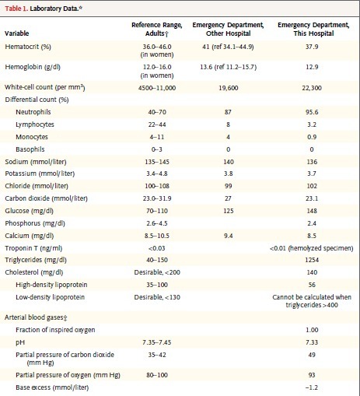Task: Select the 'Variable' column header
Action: coord(17,33)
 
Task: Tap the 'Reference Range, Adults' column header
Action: coord(157,29)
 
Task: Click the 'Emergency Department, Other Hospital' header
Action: coord(228,29)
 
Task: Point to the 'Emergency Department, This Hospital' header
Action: coord(313,29)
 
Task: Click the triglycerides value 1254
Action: coord(312,260)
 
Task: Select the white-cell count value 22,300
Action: coord(312,88)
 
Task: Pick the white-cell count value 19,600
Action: coord(228,88)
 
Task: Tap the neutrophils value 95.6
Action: coord(312,112)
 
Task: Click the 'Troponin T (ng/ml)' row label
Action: coord(33,248)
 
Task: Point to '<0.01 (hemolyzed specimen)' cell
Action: coord(312,248)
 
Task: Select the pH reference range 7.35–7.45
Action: coord(157,342)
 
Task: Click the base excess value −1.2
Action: coord(312,387)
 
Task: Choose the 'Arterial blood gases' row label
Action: coord(36,317)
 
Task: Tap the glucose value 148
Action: coord(312,211)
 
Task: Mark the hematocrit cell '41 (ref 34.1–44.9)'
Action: coord(228,47)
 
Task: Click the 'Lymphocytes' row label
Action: coord(35,124)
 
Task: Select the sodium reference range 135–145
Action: coord(157,162)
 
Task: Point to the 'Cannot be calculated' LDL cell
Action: coord(312,301)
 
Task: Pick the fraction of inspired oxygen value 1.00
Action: coord(312,330)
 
